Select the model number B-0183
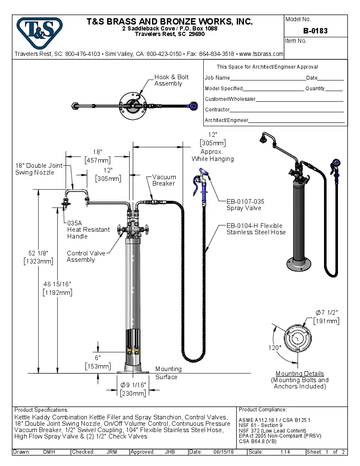pos(315,31)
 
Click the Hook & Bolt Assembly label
pos(171,80)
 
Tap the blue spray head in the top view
pos(194,106)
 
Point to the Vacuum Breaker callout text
pos(164,180)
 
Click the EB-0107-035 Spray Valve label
pos(245,205)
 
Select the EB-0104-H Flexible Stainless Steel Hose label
pos(256,229)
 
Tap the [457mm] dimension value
pos(97,160)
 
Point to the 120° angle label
pos(274,347)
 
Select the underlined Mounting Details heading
pos(299,374)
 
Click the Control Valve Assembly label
pos(86,256)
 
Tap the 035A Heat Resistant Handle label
pos(88,229)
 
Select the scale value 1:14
pos(285,452)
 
